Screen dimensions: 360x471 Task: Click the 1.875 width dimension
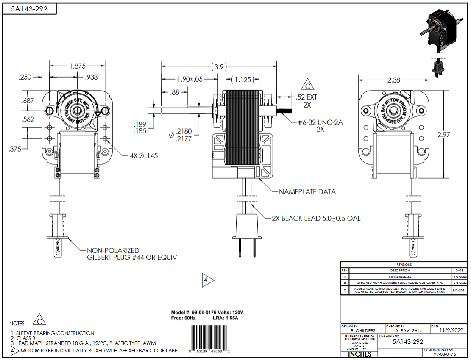pyautogui.click(x=78, y=66)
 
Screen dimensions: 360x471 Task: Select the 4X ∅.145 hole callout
pyautogui.click(x=144, y=156)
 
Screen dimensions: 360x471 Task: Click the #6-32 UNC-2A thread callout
pyautogui.click(x=321, y=123)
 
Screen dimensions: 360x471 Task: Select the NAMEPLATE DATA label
pyautogui.click(x=307, y=192)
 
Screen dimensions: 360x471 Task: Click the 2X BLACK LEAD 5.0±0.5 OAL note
pyautogui.click(x=316, y=219)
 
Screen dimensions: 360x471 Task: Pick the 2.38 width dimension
pyautogui.click(x=394, y=80)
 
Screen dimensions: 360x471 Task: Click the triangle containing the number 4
pyautogui.click(x=207, y=280)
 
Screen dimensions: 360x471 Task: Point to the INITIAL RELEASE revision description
pyautogui.click(x=400, y=276)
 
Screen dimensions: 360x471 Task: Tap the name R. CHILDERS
pyautogui.click(x=363, y=330)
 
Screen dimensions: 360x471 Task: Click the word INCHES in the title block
pyautogui.click(x=360, y=354)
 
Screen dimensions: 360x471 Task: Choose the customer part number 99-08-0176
pyautogui.click(x=445, y=354)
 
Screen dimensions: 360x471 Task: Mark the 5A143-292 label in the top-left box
pyautogui.click(x=29, y=9)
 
